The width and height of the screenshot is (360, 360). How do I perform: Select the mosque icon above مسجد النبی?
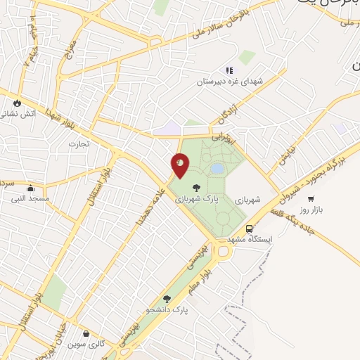pyautogui.click(x=30, y=188)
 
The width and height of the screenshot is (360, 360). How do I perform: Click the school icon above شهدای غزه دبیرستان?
pyautogui.click(x=229, y=70)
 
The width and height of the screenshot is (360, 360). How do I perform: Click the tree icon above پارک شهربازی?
pyautogui.click(x=197, y=187)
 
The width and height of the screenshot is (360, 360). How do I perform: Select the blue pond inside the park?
pyautogui.click(x=217, y=169)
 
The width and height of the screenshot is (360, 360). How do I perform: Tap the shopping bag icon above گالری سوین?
pyautogui.click(x=85, y=334)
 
